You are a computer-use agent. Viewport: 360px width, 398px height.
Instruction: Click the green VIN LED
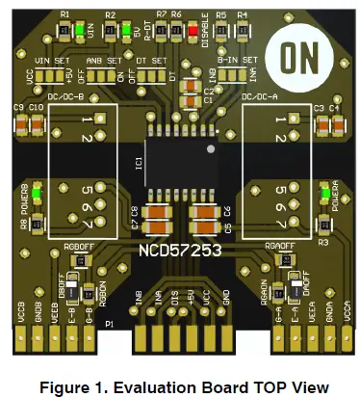(x=77, y=29)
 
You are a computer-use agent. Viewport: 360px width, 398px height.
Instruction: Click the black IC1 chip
(x=181, y=153)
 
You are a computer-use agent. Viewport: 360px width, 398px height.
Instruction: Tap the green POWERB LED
(x=38, y=196)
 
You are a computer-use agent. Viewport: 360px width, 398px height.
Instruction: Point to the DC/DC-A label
(x=262, y=96)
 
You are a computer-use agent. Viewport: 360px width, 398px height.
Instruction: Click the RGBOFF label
(x=78, y=247)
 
